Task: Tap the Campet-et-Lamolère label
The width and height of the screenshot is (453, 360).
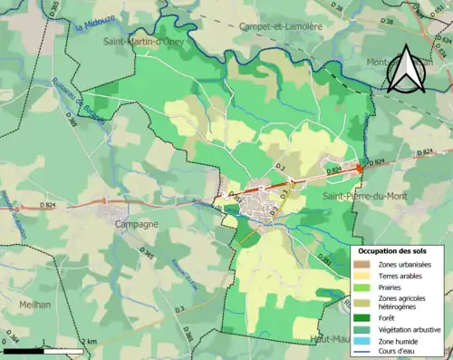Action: [282, 27]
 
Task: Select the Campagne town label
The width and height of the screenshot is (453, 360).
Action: [134, 222]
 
